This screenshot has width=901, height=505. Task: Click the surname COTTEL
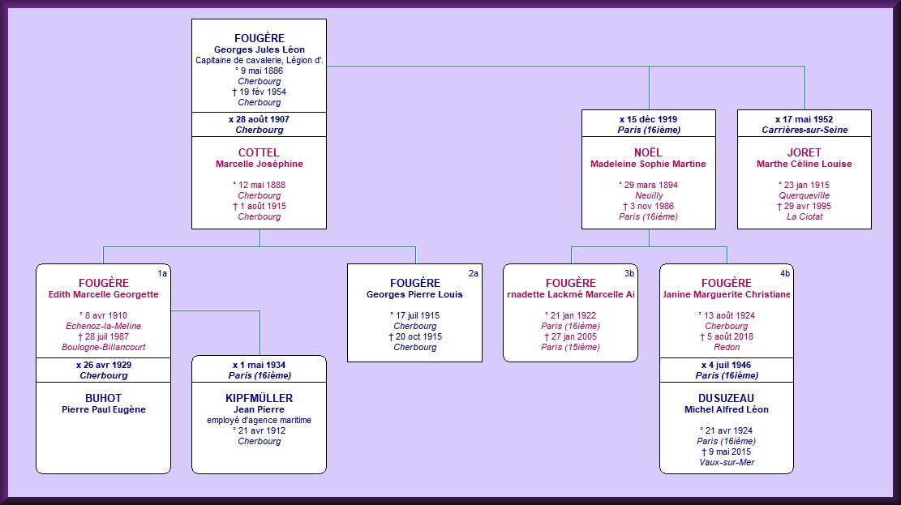point(259,152)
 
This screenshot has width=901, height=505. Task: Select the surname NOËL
point(648,152)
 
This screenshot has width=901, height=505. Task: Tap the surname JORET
point(804,152)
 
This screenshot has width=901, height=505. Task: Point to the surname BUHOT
point(103,398)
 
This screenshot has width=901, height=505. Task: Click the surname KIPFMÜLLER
point(259,398)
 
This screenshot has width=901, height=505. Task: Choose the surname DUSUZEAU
point(726,398)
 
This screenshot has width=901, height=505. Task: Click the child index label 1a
point(162,274)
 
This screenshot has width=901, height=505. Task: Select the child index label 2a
point(474,274)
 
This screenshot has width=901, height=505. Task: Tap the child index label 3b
point(629,274)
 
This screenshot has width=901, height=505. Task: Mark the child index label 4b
point(785,274)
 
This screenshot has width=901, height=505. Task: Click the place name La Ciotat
point(804,216)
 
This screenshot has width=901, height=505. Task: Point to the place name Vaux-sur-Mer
point(726,462)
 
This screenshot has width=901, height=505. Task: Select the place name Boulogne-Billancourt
point(103,347)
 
